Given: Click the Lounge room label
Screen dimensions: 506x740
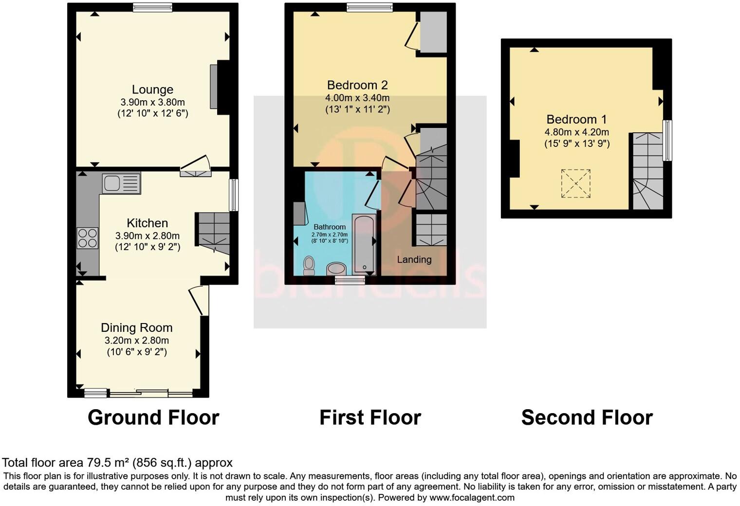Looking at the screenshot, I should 152,90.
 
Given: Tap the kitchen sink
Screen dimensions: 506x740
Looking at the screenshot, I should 121,183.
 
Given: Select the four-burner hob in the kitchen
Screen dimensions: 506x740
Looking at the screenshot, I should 88,238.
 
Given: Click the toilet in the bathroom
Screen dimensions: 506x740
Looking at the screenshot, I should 309,265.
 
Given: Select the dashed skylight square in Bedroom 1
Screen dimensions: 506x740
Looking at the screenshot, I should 575,183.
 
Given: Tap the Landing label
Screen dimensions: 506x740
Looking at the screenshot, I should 414,259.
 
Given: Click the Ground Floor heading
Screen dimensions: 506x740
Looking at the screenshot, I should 153,417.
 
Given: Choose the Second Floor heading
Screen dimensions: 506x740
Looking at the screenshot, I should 587,417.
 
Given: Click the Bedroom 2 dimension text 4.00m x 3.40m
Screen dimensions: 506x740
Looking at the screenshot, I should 357,98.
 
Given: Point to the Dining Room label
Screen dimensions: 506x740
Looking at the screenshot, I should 136,327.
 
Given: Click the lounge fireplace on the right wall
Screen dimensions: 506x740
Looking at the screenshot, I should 214,87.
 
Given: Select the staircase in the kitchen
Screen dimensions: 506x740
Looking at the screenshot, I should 213,233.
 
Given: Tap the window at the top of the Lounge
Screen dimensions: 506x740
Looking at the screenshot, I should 152,6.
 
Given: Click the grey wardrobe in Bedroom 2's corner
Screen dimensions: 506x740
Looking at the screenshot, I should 433,32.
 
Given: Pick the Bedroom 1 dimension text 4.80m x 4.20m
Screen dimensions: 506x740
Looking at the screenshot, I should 576,132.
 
